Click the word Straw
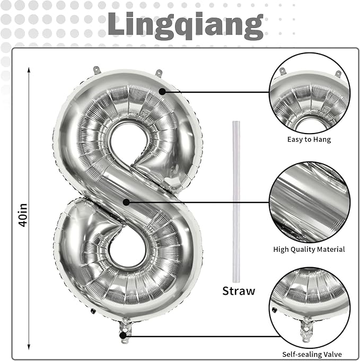pyautogui.click(x=239, y=290)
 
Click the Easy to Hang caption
pyautogui.click(x=309, y=139)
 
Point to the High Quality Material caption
pyautogui.click(x=309, y=249)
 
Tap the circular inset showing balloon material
pyautogui.click(x=309, y=202)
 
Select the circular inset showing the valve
pyautogui.click(x=309, y=306)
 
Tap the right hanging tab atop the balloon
pyautogui.click(x=158, y=72)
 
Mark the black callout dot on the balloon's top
pyautogui.click(x=162, y=92)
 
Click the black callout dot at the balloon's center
pyautogui.click(x=126, y=201)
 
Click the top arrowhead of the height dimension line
pyautogui.click(x=29, y=68)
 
